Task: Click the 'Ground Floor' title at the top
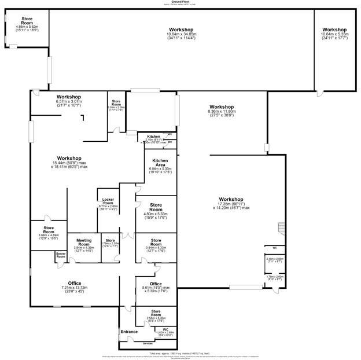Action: (x=181, y=2)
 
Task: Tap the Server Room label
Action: (x=61, y=255)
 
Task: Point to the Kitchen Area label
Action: (x=160, y=162)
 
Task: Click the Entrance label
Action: (x=129, y=332)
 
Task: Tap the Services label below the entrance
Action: (x=148, y=343)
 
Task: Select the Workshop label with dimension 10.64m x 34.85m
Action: (x=181, y=30)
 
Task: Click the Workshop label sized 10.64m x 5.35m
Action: (x=334, y=30)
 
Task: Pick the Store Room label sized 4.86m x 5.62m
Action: (x=27, y=21)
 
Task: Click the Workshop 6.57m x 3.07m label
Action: (x=69, y=97)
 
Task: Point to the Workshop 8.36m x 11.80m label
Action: (x=222, y=107)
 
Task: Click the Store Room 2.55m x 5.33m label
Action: (x=156, y=313)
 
